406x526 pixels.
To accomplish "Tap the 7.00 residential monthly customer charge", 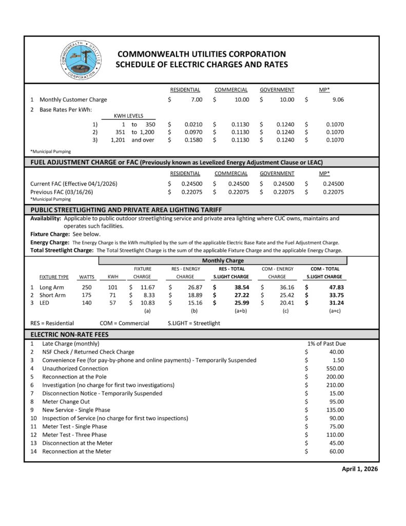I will (197, 100).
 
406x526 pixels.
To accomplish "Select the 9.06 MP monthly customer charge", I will (338, 100).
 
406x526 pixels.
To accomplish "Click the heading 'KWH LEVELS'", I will (128, 116).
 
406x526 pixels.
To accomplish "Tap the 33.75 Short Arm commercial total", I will (336, 295).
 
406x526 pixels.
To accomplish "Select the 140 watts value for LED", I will (87, 304).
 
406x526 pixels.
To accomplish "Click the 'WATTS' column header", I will (87, 277).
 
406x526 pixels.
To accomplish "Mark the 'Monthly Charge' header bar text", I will (222, 261).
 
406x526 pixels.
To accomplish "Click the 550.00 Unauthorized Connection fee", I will (335, 368).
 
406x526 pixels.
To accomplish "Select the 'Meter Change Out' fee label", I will (66, 402).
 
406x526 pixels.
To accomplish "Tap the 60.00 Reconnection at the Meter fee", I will (337, 452).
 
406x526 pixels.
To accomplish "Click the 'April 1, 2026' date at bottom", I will (360, 469).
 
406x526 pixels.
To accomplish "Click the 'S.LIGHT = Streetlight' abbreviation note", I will (194, 323).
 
